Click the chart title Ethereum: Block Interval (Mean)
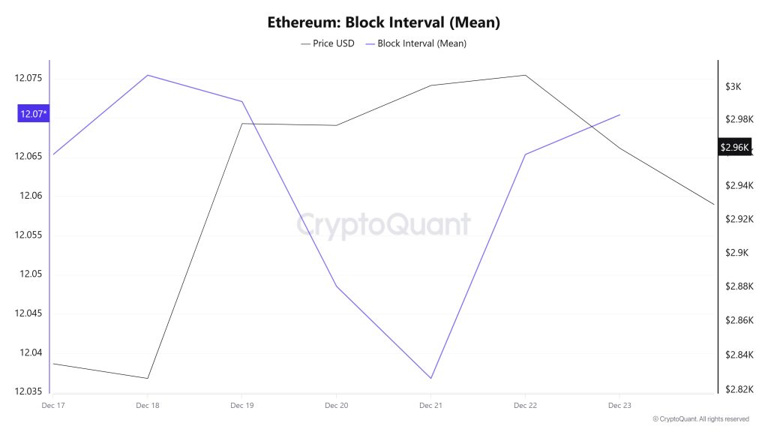click(x=383, y=22)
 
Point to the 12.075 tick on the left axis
click(x=28, y=78)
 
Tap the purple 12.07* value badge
click(x=34, y=114)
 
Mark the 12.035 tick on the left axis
click(x=28, y=391)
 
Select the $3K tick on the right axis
click(x=733, y=86)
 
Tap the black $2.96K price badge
click(x=734, y=147)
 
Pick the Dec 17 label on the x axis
click(x=54, y=405)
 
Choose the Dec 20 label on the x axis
click(x=336, y=405)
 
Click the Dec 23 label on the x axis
click(x=619, y=405)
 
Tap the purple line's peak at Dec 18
click(x=148, y=75)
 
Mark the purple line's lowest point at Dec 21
click(x=430, y=378)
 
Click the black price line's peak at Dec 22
click(x=524, y=75)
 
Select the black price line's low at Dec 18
click(x=148, y=378)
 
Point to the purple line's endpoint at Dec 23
click(x=619, y=115)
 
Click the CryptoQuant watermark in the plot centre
click(x=383, y=225)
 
